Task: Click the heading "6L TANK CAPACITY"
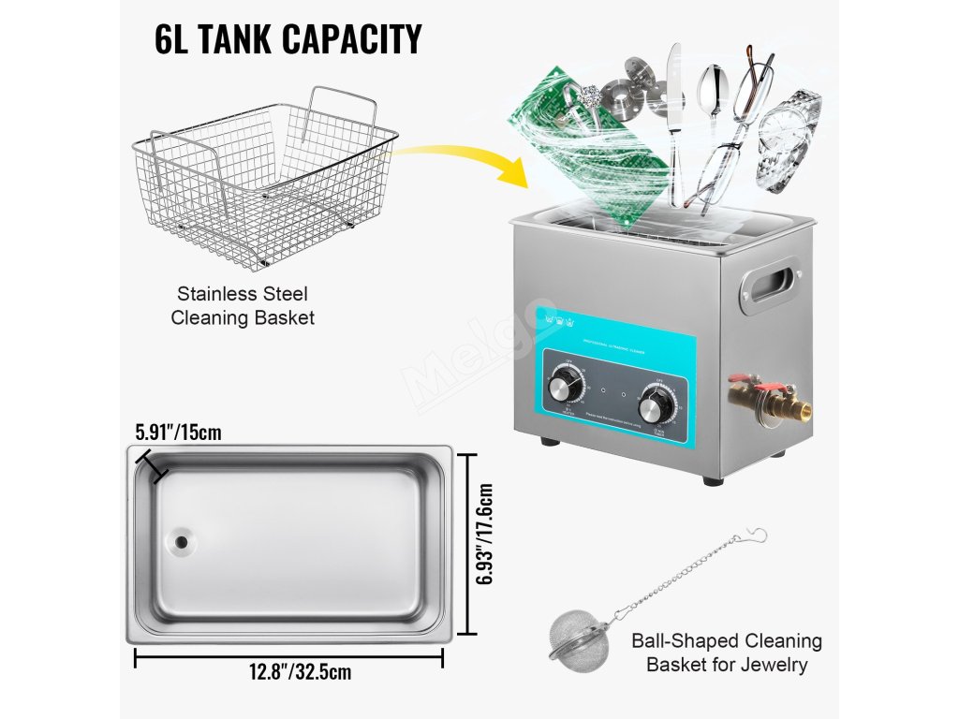[x=288, y=39]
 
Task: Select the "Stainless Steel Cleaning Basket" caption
[x=243, y=306]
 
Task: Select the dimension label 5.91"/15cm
[x=178, y=433]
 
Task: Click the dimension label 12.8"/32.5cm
[x=288, y=671]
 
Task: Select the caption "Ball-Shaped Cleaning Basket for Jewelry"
[x=726, y=653]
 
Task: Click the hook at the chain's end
[x=756, y=536]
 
